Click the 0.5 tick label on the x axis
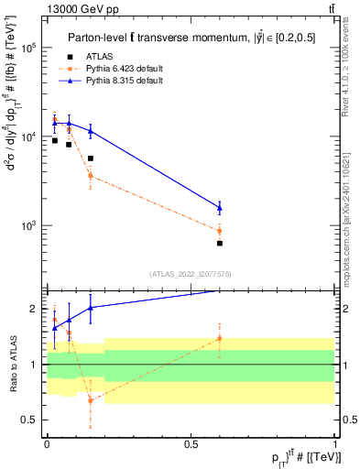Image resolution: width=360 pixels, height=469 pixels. point(191,444)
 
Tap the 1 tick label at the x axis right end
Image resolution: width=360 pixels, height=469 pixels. point(334,444)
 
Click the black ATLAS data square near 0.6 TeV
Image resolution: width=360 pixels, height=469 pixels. point(220,243)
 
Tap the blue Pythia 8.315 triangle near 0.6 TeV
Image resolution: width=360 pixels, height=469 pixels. point(220,207)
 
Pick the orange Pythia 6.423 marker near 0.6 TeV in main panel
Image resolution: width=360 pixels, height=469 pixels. point(220,230)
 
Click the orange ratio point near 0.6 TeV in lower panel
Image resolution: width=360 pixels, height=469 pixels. point(220,338)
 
